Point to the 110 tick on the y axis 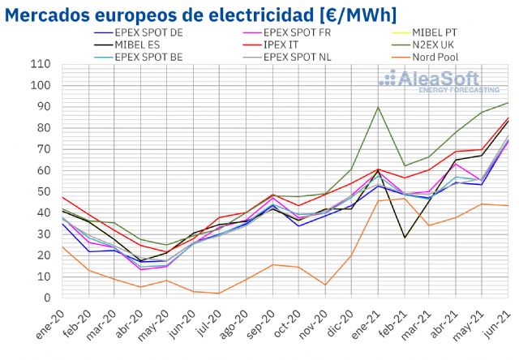coord(40,64)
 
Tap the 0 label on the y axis coord(46,298)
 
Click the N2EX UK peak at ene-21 coord(378,107)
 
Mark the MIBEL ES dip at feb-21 coord(405,238)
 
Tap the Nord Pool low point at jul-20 coord(219,294)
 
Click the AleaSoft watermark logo coord(430,80)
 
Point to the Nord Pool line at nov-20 coord(325,285)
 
